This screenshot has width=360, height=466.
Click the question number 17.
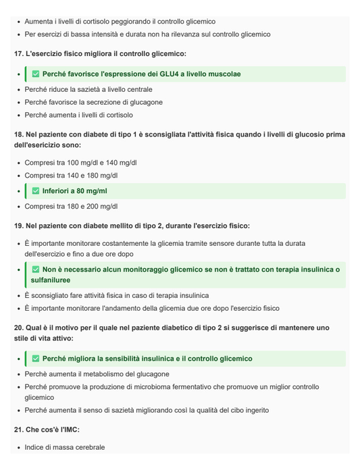pyautogui.click(x=18, y=53)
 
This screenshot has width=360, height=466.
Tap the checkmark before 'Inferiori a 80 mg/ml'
pyautogui.click(x=36, y=191)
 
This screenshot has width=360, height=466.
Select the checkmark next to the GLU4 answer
pyautogui.click(x=36, y=74)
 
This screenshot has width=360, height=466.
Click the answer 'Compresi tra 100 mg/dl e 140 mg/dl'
pyautogui.click(x=80, y=163)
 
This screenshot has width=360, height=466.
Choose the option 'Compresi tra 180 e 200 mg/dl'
pyautogui.click(x=71, y=207)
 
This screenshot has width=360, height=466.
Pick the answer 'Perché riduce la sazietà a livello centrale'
pyautogui.click(x=88, y=89)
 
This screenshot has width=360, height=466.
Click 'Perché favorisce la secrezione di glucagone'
pyautogui.click(x=93, y=103)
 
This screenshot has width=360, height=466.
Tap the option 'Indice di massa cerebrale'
pyautogui.click(x=65, y=447)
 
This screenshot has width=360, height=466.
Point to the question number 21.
pyautogui.click(x=18, y=430)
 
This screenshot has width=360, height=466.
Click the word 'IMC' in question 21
pyautogui.click(x=69, y=430)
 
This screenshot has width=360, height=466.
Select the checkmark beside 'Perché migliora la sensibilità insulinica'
pyautogui.click(x=36, y=359)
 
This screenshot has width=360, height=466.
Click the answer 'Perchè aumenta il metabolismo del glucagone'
pyautogui.click(x=97, y=374)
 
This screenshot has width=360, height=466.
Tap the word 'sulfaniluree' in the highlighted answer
pyautogui.click(x=51, y=280)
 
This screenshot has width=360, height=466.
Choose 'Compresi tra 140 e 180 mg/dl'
pyautogui.click(x=71, y=176)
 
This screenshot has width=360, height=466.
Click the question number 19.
pyautogui.click(x=18, y=226)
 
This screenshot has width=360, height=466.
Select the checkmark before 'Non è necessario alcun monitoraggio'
pyautogui.click(x=36, y=269)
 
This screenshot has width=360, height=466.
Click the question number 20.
pyautogui.click(x=18, y=328)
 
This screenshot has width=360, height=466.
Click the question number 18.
pyautogui.click(x=18, y=134)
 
